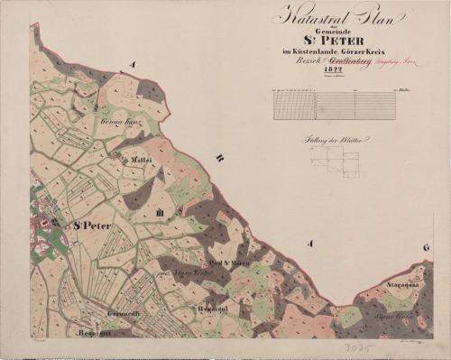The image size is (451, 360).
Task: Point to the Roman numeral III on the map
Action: [x=160, y=213]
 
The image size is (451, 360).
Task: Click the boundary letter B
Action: [x=218, y=159]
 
